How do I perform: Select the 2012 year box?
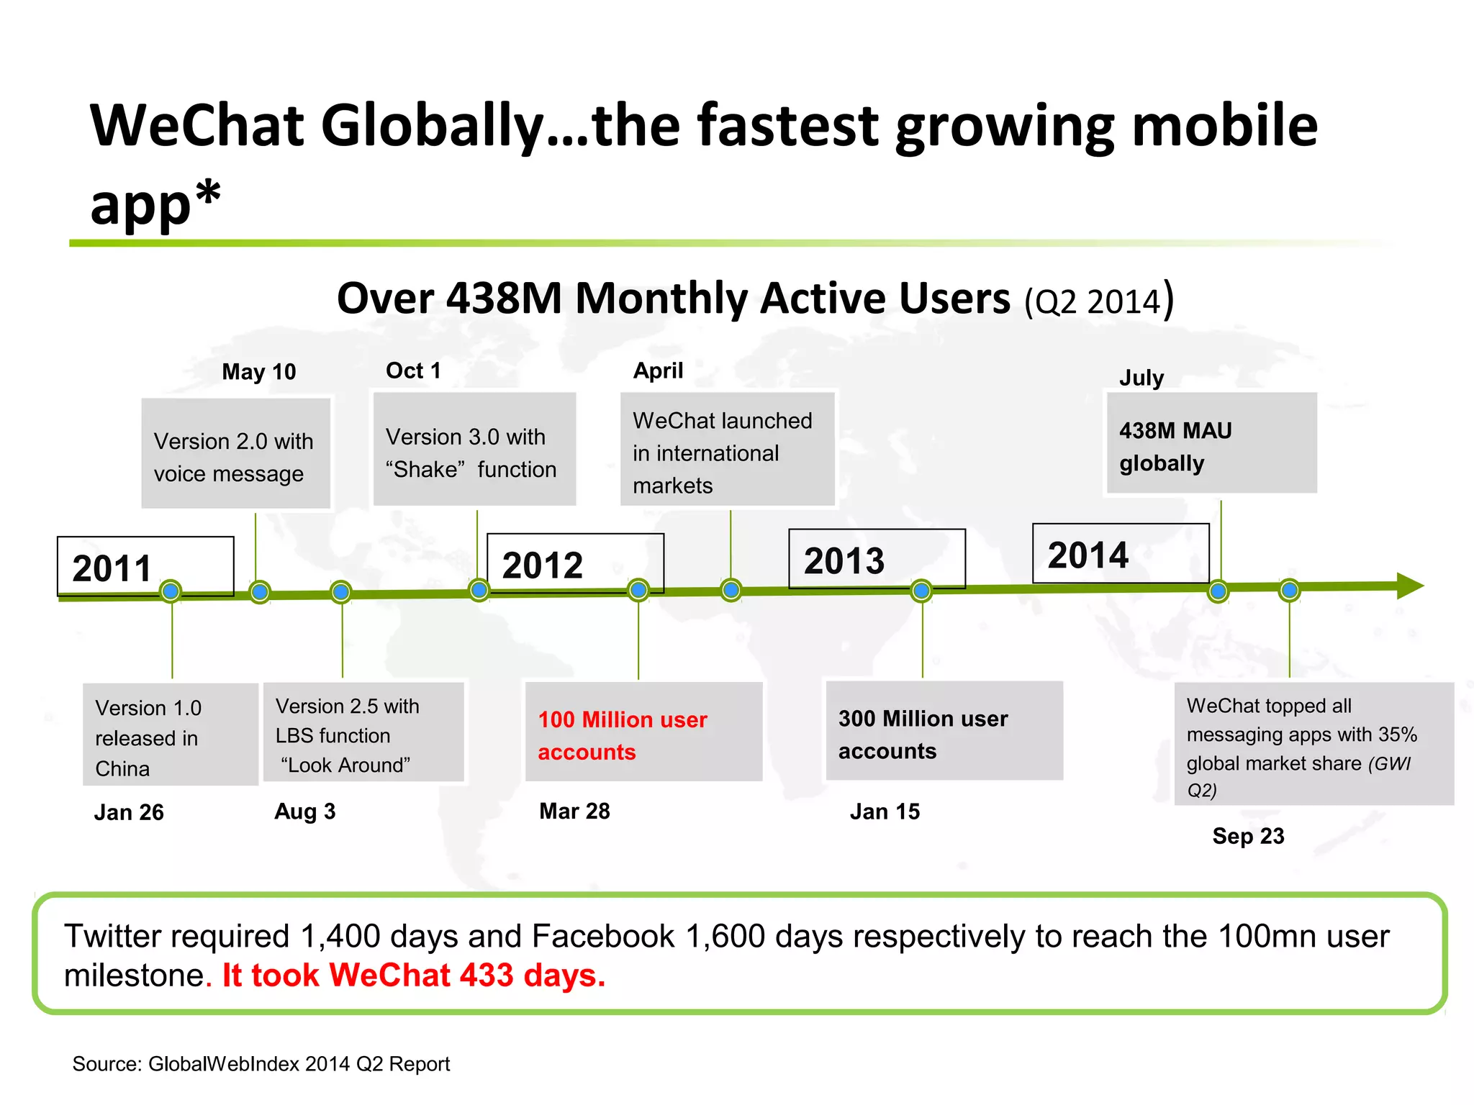[575, 563]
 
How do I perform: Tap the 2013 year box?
[877, 559]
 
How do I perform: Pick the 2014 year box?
[1120, 553]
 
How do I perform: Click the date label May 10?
[258, 372]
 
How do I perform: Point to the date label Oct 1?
[413, 370]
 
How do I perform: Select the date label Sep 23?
[1248, 836]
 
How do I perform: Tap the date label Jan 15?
[885, 811]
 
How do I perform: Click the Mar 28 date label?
[574, 811]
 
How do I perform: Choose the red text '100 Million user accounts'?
[623, 735]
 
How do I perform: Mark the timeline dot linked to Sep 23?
[1289, 591]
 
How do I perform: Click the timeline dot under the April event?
[731, 590]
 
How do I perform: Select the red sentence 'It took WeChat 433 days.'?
[414, 976]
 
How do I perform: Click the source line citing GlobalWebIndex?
[261, 1064]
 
